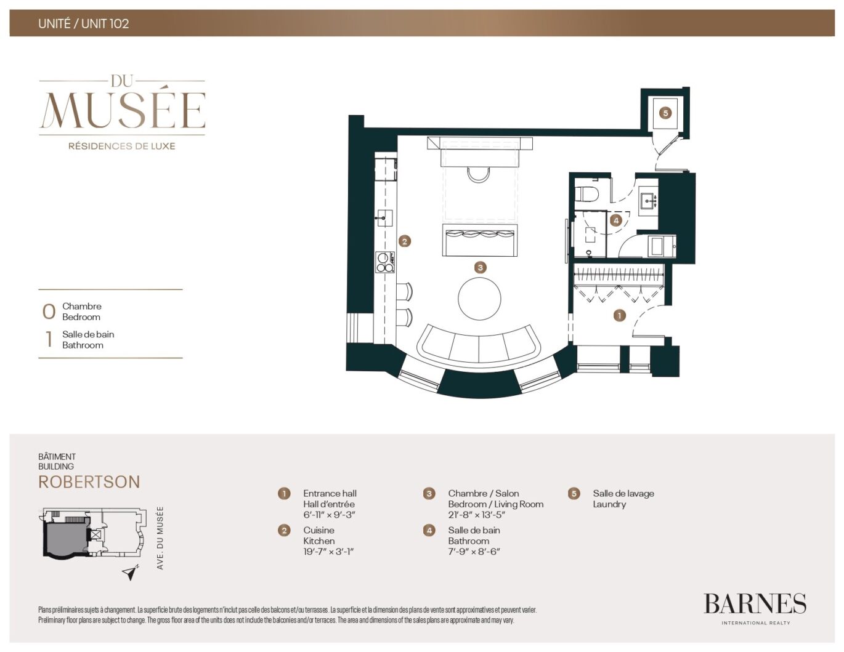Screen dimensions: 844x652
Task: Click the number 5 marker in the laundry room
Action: pyautogui.click(x=666, y=113)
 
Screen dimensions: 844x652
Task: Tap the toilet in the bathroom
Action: pyautogui.click(x=587, y=194)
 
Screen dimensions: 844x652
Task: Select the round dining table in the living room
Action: pyautogui.click(x=479, y=299)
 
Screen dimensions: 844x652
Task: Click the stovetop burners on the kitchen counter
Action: pyautogui.click(x=385, y=262)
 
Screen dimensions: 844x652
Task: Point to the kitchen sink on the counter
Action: pyautogui.click(x=383, y=218)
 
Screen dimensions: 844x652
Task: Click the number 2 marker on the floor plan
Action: pyautogui.click(x=404, y=241)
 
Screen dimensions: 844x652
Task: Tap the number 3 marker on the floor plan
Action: pyautogui.click(x=480, y=267)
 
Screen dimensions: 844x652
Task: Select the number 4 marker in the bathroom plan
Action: pyautogui.click(x=616, y=220)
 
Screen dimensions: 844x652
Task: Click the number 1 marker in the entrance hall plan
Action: pyautogui.click(x=619, y=315)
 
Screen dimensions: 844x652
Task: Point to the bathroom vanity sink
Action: pyautogui.click(x=648, y=201)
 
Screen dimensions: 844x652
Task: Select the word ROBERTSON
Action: pyautogui.click(x=89, y=482)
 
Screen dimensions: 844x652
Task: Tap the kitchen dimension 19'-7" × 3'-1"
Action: pyautogui.click(x=328, y=552)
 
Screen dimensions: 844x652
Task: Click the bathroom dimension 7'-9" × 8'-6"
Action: pyautogui.click(x=474, y=552)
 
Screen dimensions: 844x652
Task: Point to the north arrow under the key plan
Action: pyautogui.click(x=131, y=573)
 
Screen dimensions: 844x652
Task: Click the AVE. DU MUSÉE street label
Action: pyautogui.click(x=160, y=538)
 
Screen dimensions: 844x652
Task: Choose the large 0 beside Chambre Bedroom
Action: pyautogui.click(x=49, y=312)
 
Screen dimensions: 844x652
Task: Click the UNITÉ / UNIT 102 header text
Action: pyautogui.click(x=84, y=23)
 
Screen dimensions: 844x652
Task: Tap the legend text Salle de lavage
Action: pyautogui.click(x=623, y=493)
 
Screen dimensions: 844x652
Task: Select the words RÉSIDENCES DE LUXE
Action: pyautogui.click(x=122, y=147)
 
